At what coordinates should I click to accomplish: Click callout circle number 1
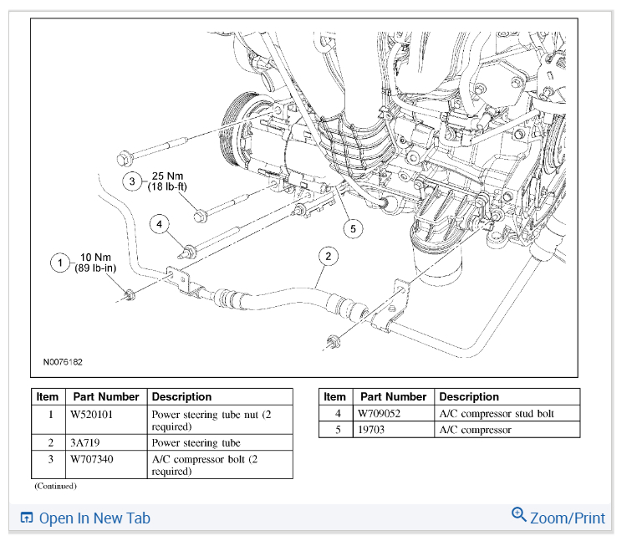(59, 263)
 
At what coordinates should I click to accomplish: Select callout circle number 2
(329, 256)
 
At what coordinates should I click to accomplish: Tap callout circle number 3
(131, 181)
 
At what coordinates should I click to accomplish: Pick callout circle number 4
(159, 223)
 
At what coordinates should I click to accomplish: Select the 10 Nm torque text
(95, 257)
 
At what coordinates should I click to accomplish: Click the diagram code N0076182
(64, 363)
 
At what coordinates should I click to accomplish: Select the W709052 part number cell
(381, 413)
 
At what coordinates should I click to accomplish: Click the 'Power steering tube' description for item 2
(196, 442)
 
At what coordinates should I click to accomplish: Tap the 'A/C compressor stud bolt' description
(496, 413)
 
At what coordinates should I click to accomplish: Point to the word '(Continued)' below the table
(55, 486)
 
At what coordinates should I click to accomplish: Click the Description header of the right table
(468, 397)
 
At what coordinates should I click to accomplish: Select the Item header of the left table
(47, 397)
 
